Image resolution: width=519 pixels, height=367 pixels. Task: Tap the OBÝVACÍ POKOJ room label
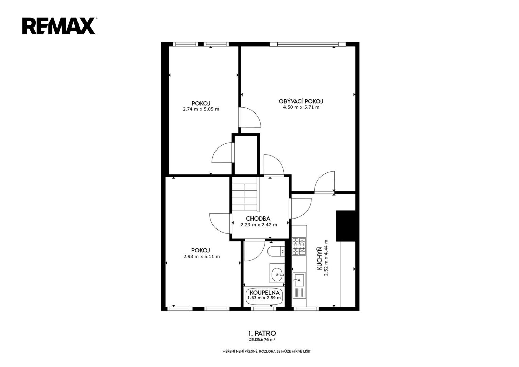[x=301, y=101]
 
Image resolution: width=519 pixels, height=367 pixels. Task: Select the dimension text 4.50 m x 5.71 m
[x=301, y=107]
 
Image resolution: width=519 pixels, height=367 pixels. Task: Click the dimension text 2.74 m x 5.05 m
[x=201, y=109]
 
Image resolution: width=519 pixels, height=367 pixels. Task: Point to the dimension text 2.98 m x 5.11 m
[x=201, y=257]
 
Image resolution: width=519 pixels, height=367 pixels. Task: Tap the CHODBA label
[x=258, y=219]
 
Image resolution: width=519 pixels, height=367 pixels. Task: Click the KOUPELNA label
[x=264, y=293]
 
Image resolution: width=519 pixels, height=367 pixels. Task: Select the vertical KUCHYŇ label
[x=319, y=259]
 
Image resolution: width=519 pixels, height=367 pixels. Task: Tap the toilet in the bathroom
[x=276, y=251]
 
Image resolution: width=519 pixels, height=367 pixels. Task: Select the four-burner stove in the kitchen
[x=299, y=246]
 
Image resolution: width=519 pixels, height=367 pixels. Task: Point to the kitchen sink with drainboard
[x=299, y=285]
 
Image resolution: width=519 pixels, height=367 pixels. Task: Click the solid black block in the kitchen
[x=346, y=226]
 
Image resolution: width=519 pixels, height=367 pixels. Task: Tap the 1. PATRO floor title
[x=262, y=333]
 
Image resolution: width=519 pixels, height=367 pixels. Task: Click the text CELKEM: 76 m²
[x=262, y=340]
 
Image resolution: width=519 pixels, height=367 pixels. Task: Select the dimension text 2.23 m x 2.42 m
[x=259, y=225]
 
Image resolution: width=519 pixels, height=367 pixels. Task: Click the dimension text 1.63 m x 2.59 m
[x=264, y=298]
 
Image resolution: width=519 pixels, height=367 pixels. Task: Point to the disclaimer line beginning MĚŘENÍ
[x=266, y=351]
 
